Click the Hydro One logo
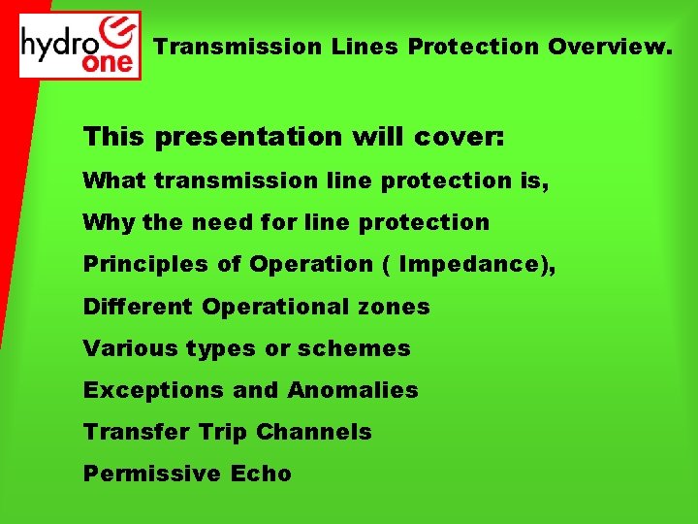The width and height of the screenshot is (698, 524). pos(80,45)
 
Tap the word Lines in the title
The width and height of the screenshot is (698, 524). pos(362,46)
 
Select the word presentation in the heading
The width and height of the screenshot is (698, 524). pos(248,137)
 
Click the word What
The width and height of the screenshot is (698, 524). pos(114,180)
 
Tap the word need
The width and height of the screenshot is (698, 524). pos(216,222)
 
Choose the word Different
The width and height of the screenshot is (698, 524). pos(139,307)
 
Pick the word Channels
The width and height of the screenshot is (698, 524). pos(321,432)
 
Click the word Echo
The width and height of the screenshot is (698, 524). pos(261,474)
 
